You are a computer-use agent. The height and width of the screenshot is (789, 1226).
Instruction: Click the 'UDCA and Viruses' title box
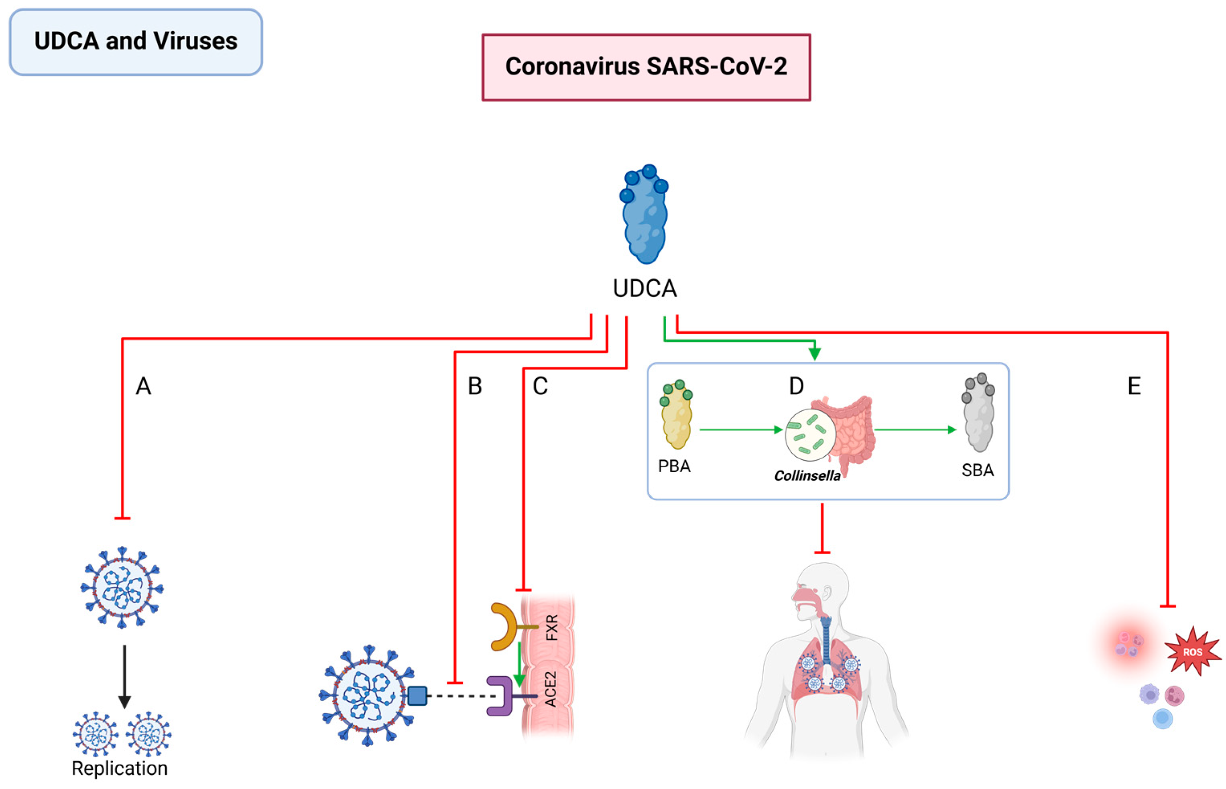pyautogui.click(x=136, y=42)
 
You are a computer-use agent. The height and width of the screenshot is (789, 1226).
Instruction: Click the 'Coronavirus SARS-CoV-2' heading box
pyautogui.click(x=646, y=67)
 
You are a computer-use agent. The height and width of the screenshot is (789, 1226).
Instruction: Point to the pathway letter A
pyautogui.click(x=144, y=386)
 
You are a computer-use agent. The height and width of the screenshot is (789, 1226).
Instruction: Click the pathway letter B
pyautogui.click(x=475, y=386)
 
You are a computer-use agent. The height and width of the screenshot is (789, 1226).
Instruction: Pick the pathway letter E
pyautogui.click(x=1134, y=386)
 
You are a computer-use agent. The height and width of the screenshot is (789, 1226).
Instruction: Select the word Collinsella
pyautogui.click(x=807, y=476)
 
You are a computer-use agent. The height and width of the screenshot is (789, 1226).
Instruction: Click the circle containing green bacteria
pyautogui.click(x=809, y=435)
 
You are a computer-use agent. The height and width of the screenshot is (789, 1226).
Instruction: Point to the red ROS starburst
pyautogui.click(x=1192, y=652)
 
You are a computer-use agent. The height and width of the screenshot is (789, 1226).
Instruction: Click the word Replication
pyautogui.click(x=120, y=769)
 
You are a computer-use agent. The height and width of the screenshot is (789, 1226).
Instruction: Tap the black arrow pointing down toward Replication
pyautogui.click(x=124, y=676)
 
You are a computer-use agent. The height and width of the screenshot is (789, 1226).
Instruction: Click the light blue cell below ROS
pyautogui.click(x=1162, y=718)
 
